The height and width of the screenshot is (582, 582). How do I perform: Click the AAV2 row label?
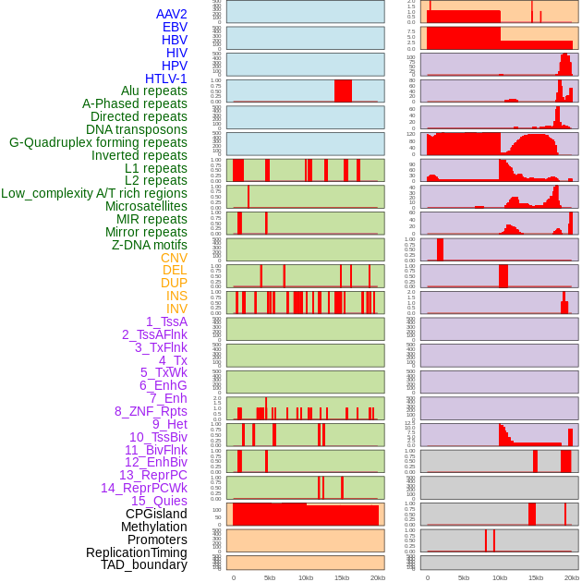[x=171, y=14]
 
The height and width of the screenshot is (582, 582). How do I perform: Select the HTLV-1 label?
[x=165, y=79]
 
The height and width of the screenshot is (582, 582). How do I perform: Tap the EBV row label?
[x=175, y=27]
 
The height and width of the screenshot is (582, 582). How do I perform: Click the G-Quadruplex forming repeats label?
[x=98, y=142]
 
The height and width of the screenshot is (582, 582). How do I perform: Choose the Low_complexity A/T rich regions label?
[x=94, y=193]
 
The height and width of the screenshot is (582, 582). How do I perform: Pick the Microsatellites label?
[x=146, y=206]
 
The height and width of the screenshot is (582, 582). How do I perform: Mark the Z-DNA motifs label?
[x=150, y=245]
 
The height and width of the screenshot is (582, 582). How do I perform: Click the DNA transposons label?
[x=137, y=129]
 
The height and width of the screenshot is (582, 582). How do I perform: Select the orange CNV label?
[x=174, y=258]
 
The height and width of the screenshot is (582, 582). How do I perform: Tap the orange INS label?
[x=176, y=296]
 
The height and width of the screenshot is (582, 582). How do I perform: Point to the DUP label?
[x=174, y=283]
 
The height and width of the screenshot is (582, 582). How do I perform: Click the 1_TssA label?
[x=166, y=321]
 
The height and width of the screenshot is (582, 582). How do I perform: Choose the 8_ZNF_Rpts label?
[x=151, y=411]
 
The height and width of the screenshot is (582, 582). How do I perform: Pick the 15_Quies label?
[x=158, y=501]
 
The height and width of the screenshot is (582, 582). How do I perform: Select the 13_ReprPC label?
[x=152, y=475]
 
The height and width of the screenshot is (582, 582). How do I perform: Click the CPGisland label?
[x=156, y=514]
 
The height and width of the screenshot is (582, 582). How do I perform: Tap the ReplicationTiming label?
[x=136, y=552]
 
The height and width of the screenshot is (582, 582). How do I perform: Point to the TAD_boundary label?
[x=143, y=564]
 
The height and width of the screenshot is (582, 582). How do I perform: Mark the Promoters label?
[x=157, y=540]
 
